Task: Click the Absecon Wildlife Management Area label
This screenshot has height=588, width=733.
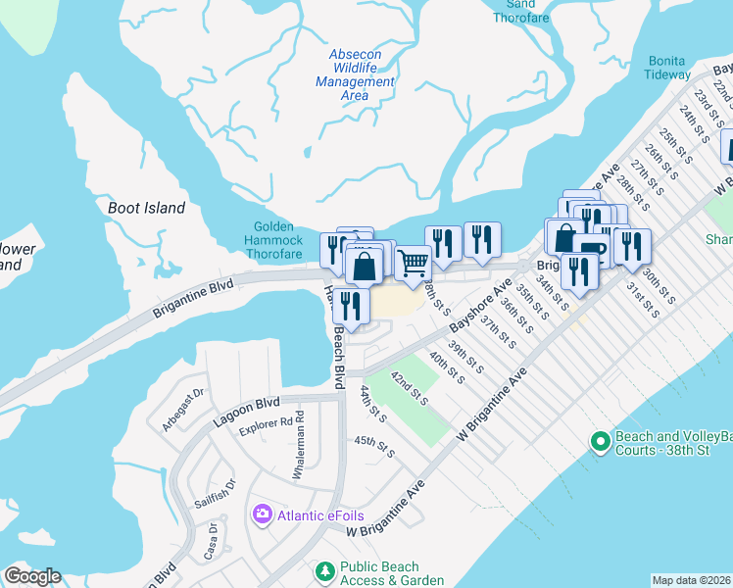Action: click(x=356, y=75)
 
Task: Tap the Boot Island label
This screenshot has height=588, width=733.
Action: click(x=147, y=208)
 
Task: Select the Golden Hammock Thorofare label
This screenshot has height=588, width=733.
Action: click(x=273, y=241)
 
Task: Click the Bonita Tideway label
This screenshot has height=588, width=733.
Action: click(x=668, y=68)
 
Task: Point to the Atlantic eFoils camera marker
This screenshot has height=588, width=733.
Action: click(x=262, y=514)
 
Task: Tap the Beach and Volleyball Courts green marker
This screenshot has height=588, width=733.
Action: click(x=600, y=442)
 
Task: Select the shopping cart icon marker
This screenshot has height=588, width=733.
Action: click(x=413, y=263)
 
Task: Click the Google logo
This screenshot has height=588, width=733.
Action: click(x=31, y=576)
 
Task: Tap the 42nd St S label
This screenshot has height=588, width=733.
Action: click(x=410, y=387)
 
